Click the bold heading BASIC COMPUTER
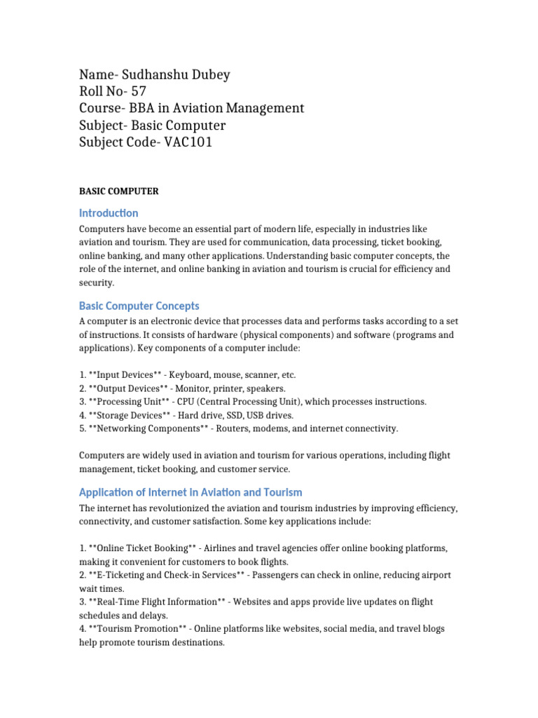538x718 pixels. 119,191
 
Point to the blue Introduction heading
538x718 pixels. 109,213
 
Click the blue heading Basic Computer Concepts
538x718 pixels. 139,306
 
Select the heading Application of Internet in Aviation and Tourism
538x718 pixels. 191,492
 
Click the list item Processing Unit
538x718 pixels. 131,402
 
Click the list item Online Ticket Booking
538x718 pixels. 140,548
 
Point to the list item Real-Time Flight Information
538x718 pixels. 158,602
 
